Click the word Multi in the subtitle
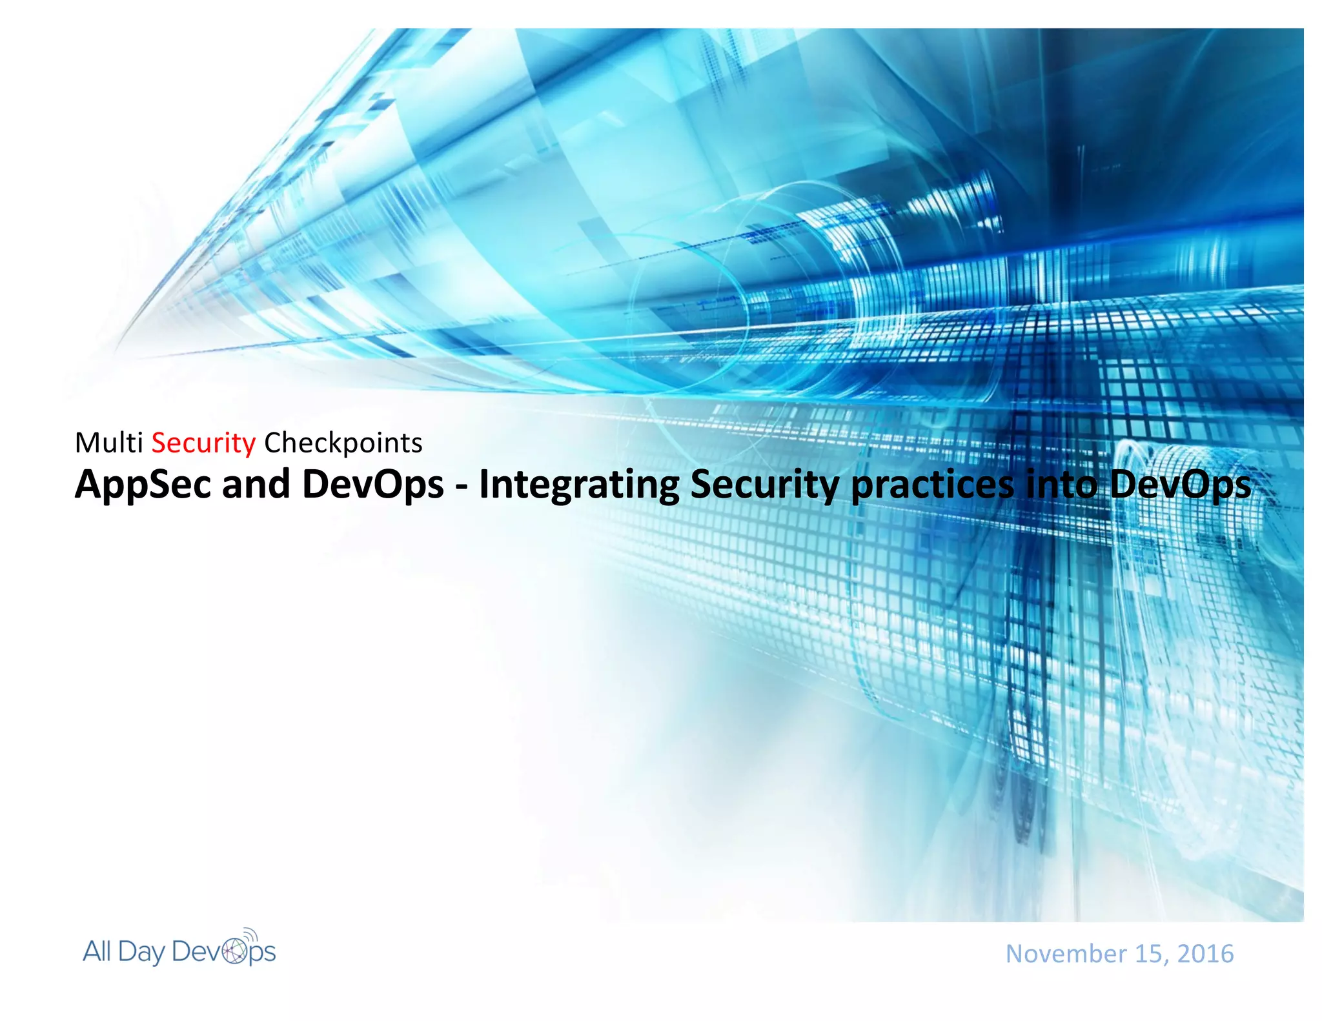coord(108,443)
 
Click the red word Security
coord(203,443)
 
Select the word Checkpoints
coord(343,443)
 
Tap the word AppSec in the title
coord(143,485)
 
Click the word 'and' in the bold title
coord(256,485)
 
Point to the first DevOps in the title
coord(372,485)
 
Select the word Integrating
coord(578,485)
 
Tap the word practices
coord(932,485)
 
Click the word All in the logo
coord(97,951)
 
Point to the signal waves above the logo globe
coord(251,935)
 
